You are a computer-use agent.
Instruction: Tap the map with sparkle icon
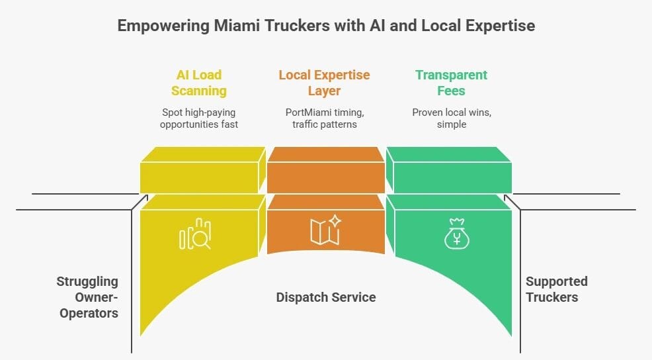pos(325,230)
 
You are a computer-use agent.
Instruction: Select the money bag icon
pos(456,233)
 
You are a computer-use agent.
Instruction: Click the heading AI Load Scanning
pos(199,83)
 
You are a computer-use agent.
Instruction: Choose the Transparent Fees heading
pos(451,83)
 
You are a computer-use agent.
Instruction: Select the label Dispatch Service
pos(325,297)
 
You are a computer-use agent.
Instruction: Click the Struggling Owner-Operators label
pos(89,297)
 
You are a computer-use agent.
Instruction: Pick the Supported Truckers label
pos(556,289)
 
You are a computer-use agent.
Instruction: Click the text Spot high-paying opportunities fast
pos(199,118)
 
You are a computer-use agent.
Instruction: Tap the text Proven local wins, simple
pos(451,118)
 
